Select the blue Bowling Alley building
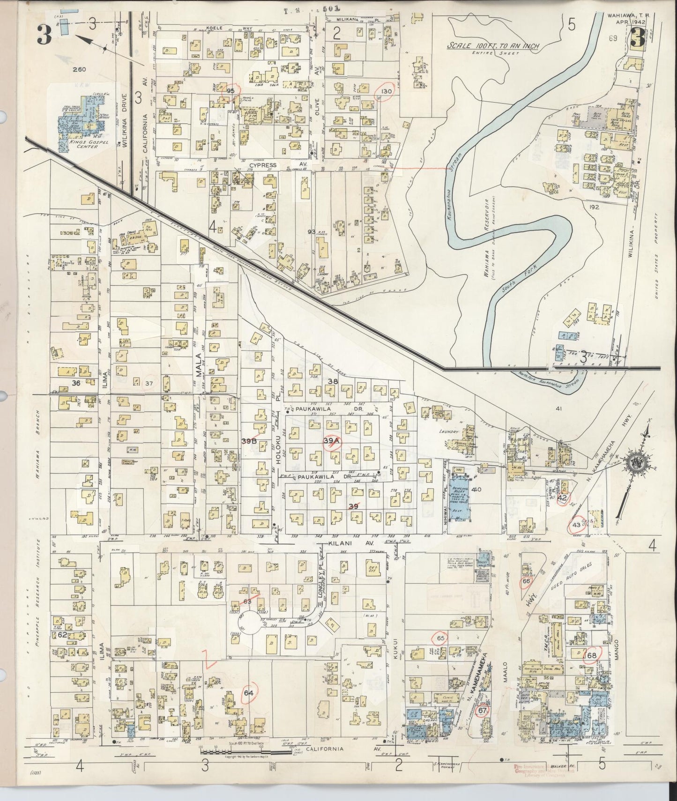(460, 497)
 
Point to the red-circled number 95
(231, 90)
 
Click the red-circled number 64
(248, 693)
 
